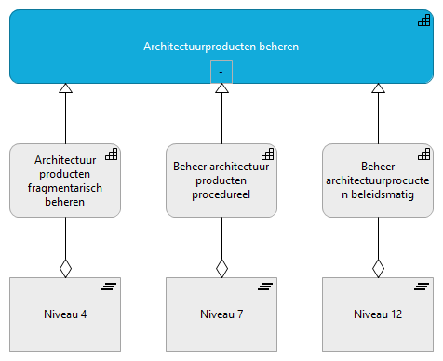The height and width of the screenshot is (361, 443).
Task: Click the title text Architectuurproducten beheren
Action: [221, 46]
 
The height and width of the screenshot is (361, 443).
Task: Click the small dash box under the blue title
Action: [221, 72]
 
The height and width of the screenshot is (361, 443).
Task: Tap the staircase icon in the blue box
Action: [424, 20]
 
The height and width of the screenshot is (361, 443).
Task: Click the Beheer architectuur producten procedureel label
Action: [221, 180]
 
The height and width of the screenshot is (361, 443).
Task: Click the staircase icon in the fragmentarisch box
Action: [111, 154]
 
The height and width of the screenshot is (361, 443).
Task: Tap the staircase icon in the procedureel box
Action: [267, 154]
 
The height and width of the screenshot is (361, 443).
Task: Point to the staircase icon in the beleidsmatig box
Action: [423, 154]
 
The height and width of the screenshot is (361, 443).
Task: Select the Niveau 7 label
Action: [221, 314]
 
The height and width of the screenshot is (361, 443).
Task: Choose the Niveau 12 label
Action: [377, 314]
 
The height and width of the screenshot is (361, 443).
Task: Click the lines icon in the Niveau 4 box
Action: [110, 286]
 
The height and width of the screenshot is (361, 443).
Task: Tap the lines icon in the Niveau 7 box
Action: [266, 286]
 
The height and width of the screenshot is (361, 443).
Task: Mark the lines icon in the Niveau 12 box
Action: [422, 286]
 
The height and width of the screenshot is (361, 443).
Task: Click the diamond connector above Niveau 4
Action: [65, 268]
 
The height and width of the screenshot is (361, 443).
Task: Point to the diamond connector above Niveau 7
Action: [221, 268]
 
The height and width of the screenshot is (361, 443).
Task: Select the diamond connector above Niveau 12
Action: [378, 268]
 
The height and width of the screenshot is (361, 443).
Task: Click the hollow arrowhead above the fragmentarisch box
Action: [65, 88]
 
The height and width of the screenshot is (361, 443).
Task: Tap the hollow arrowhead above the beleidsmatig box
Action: [378, 88]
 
